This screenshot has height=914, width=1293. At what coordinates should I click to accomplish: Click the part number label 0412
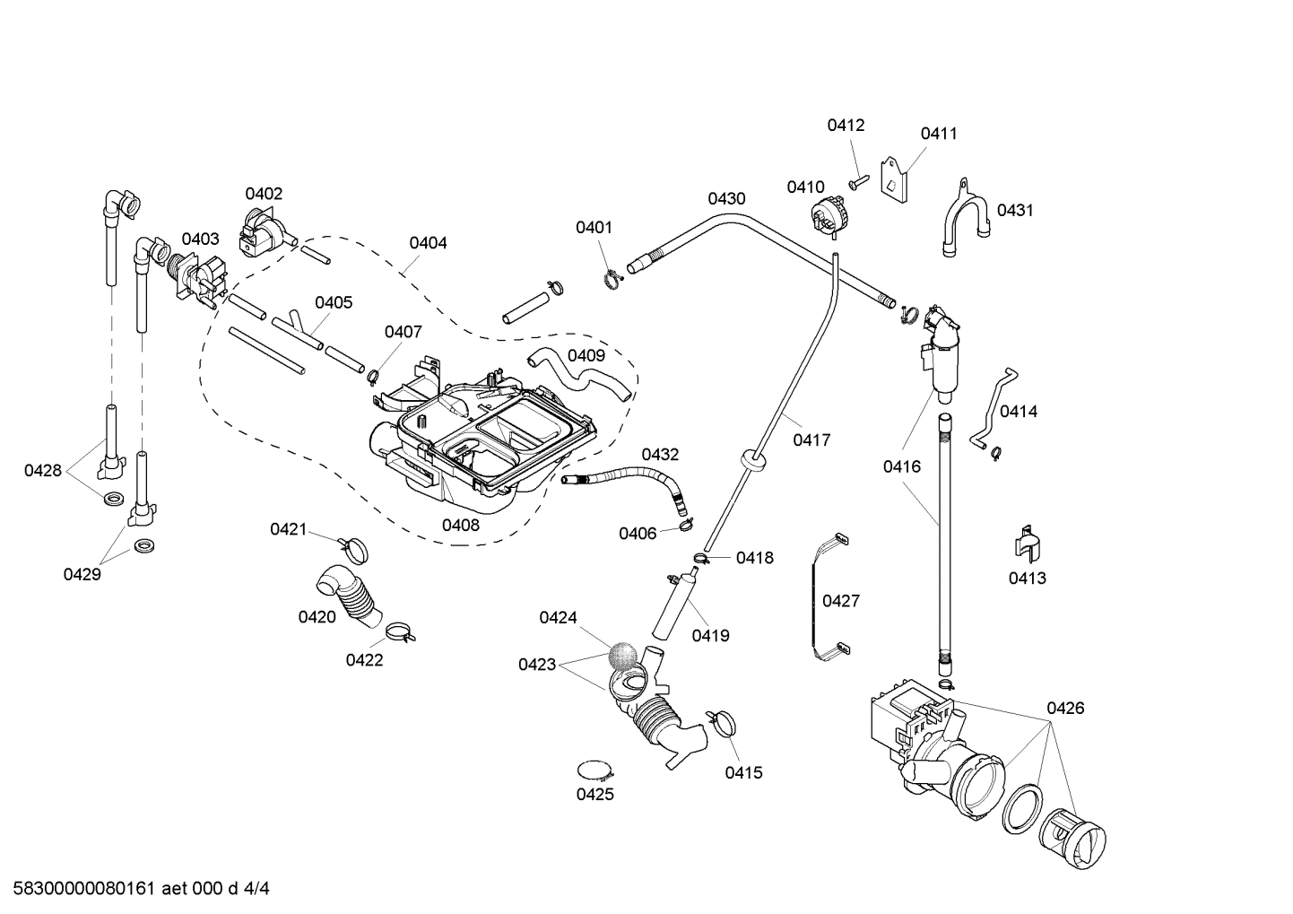pyautogui.click(x=846, y=126)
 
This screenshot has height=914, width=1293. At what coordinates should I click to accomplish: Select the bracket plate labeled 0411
pyautogui.click(x=894, y=182)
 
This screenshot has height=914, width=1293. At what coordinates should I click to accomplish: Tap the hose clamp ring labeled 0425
pyautogui.click(x=595, y=770)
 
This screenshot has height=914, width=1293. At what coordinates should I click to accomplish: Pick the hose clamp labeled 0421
pyautogui.click(x=353, y=544)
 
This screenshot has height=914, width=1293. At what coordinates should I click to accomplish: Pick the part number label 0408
pyautogui.click(x=460, y=526)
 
